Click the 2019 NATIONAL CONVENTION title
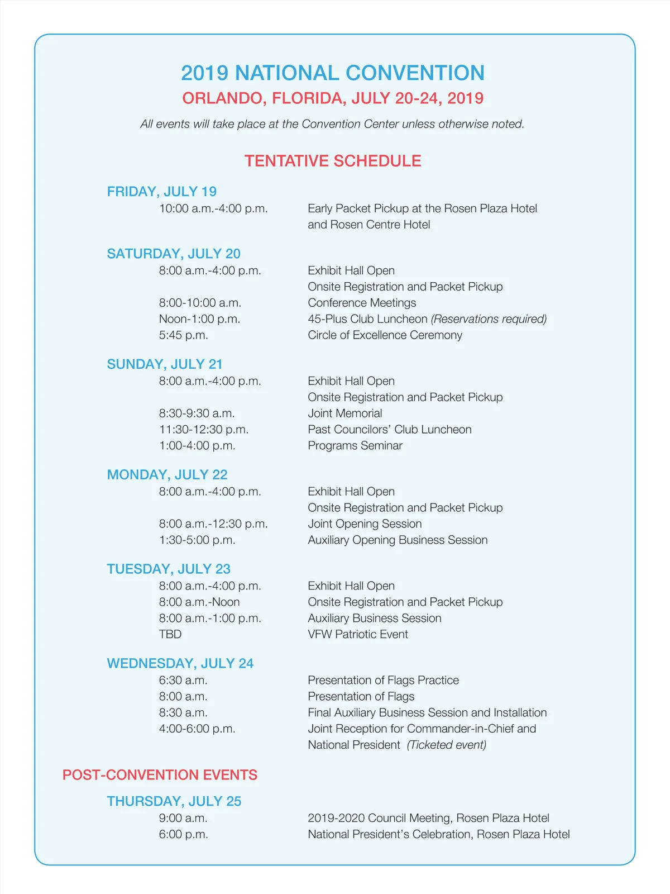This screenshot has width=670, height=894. point(333,73)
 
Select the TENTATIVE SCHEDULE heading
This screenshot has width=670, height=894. point(333,161)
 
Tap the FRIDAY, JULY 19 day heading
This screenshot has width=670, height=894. point(162,192)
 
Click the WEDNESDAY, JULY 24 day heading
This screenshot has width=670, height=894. point(180,663)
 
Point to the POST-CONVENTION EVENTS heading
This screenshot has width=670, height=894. point(160,775)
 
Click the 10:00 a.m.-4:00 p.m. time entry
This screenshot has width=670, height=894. point(213,208)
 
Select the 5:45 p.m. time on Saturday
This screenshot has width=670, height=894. point(183,335)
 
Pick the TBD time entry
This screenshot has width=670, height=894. point(170,634)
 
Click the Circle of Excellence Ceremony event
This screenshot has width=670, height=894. point(385,335)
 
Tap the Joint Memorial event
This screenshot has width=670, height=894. point(345,413)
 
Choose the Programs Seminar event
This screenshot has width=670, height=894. point(355,446)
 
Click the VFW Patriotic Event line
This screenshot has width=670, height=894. point(358,634)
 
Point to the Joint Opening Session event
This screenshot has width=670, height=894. point(365,524)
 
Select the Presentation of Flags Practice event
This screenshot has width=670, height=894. point(384,680)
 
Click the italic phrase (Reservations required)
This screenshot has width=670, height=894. point(489,319)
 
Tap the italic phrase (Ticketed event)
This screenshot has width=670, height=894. point(447,745)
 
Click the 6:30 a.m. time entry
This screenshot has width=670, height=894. point(183,680)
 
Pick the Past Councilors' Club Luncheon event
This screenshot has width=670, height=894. point(390,430)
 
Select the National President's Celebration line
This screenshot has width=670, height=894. point(439,834)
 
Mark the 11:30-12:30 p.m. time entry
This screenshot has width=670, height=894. point(204,430)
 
